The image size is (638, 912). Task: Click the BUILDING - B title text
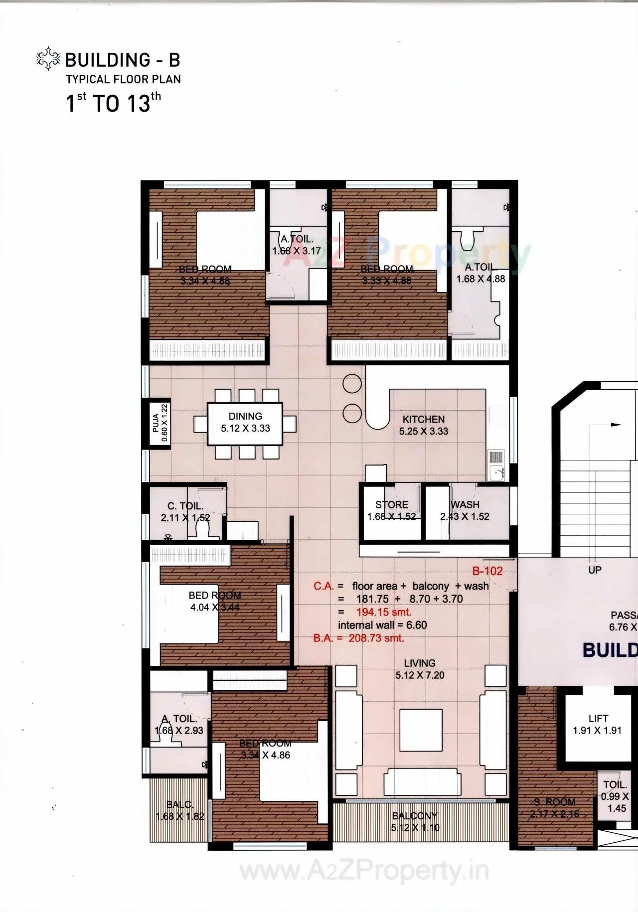tap(122, 60)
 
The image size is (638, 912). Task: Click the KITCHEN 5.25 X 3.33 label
tap(423, 425)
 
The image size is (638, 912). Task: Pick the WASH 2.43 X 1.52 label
tap(465, 510)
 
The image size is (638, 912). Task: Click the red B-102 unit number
tap(487, 571)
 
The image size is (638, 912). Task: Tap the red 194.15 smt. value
tap(384, 612)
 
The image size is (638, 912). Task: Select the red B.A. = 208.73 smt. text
tap(358, 638)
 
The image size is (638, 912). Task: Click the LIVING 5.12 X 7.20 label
tap(420, 669)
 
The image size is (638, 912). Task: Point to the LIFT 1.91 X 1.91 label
tap(597, 724)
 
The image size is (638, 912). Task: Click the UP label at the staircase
tap(595, 570)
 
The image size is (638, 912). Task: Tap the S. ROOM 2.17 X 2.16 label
tap(554, 808)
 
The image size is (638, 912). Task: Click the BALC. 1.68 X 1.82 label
tap(179, 810)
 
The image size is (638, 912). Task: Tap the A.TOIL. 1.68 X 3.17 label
tap(297, 245)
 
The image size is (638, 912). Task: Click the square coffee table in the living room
tap(421, 730)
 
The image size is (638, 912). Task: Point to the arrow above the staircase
tap(616, 425)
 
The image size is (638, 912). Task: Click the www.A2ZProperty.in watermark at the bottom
tap(364, 871)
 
